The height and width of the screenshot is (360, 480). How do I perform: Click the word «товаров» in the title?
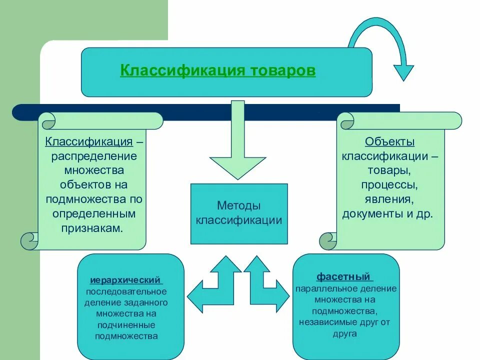point(282,70)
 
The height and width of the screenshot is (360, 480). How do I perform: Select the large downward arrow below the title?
point(237,145)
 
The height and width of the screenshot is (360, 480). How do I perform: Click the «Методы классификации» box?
point(239,213)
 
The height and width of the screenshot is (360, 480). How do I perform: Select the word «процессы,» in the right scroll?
point(390,185)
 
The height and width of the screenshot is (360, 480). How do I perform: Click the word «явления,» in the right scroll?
point(390,199)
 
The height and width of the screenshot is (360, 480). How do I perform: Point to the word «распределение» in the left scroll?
point(94,156)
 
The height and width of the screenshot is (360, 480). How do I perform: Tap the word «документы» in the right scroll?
point(369,214)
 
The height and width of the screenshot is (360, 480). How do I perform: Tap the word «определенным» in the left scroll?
point(94,213)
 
